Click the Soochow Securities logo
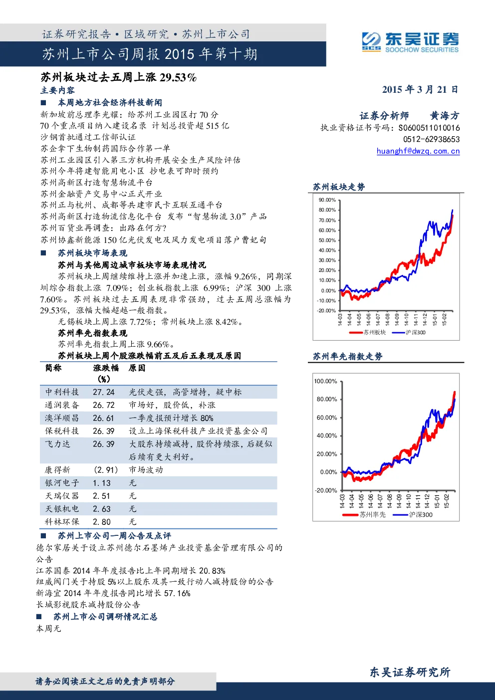click(x=410, y=42)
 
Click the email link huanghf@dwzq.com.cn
click(x=418, y=151)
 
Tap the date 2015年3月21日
click(x=420, y=90)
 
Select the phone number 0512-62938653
click(x=431, y=139)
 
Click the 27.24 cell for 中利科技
click(x=104, y=392)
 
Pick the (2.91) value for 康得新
click(x=106, y=469)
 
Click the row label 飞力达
click(x=58, y=444)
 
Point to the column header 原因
click(x=137, y=368)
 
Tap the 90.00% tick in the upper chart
click(x=327, y=200)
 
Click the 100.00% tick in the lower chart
click(x=325, y=381)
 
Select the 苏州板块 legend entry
click(x=367, y=332)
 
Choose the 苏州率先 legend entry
click(x=364, y=515)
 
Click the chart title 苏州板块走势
click(x=339, y=187)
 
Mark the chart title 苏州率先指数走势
click(x=347, y=356)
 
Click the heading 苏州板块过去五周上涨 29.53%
click(x=119, y=77)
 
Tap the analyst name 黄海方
click(x=445, y=116)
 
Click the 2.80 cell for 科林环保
click(x=102, y=521)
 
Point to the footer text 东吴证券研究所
click(x=410, y=672)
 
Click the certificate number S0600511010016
click(x=429, y=128)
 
